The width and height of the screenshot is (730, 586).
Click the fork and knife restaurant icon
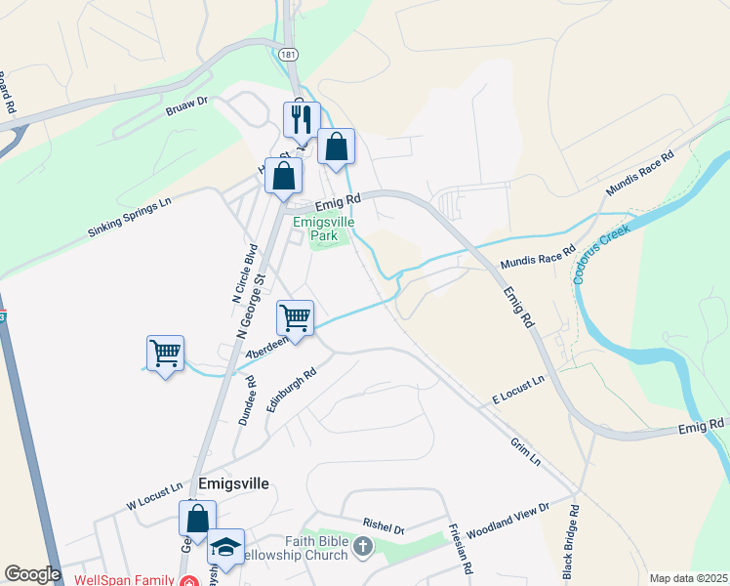(301, 120)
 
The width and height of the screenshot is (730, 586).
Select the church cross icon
(363, 546)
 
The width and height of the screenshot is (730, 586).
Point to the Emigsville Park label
(324, 229)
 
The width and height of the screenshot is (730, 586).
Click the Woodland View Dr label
(508, 523)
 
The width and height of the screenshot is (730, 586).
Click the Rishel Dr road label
(384, 527)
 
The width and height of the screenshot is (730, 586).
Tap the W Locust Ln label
(154, 494)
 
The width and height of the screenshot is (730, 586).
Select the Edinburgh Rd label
(291, 391)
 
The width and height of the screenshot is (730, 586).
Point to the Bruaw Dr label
(189, 102)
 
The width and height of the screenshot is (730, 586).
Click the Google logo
(32, 574)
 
